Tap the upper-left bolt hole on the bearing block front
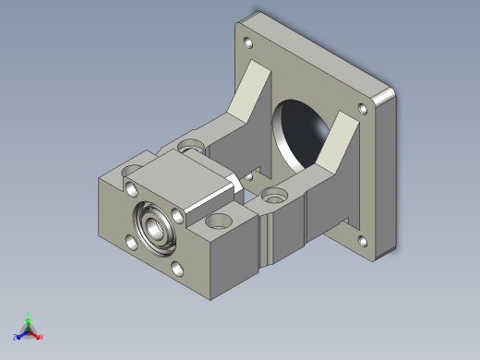pos(129,188)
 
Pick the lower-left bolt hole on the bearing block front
pos(130,243)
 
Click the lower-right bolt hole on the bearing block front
pos(177,270)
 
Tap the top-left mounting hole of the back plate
pos(247,42)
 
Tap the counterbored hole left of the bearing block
pos(190,145)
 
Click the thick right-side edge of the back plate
pos(387,175)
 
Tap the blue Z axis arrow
pos(18,337)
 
